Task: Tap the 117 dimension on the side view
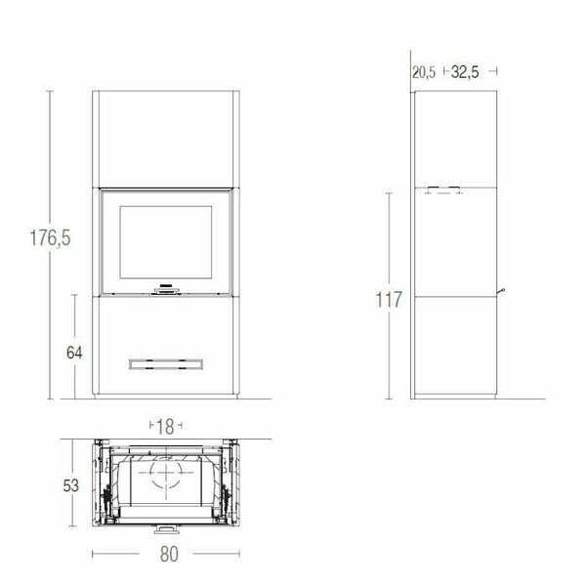coord(389,299)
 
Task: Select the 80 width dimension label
coord(167,554)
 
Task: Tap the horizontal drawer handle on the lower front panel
coord(164,363)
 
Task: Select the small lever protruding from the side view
coord(502,290)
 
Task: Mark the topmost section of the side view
coord(455,137)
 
